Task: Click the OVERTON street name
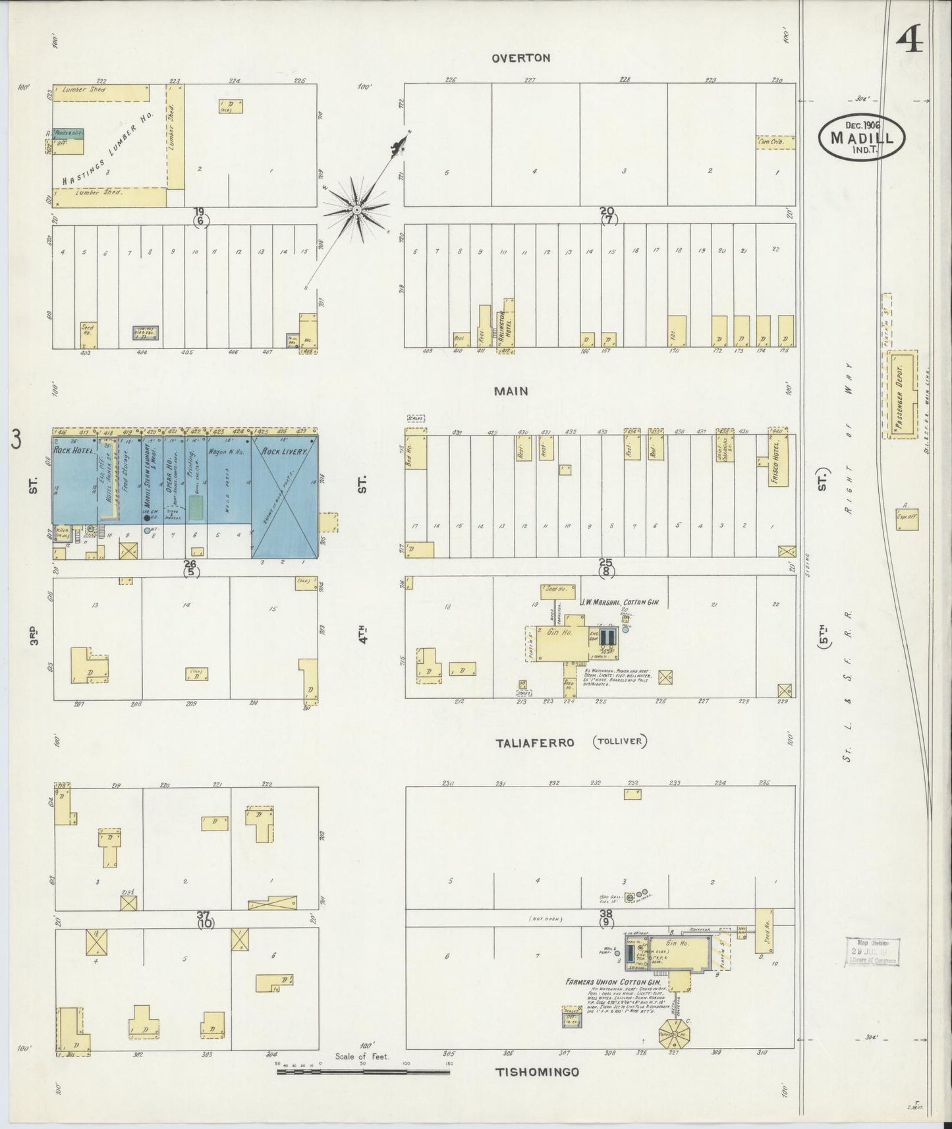point(520,58)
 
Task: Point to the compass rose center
point(356,209)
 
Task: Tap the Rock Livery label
point(280,452)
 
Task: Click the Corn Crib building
point(775,142)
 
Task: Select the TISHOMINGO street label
point(537,1072)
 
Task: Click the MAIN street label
point(511,391)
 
